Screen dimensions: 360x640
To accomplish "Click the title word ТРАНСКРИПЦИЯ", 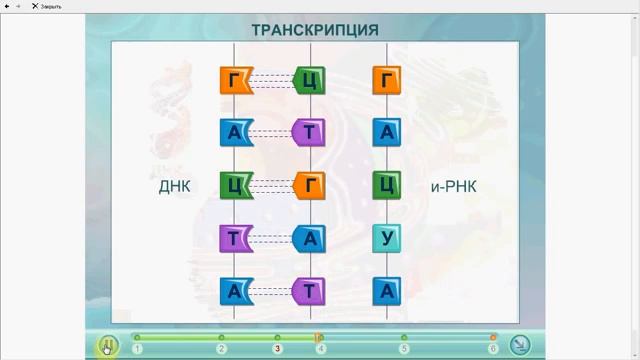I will (x=320, y=29).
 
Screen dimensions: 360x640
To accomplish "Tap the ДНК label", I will (x=174, y=186).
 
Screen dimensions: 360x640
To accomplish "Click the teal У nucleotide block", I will (x=387, y=238).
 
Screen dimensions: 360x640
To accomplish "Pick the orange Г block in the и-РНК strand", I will (x=387, y=80).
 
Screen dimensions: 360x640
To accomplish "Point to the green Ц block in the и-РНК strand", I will (x=387, y=185).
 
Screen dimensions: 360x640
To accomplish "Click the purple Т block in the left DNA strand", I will (x=234, y=238).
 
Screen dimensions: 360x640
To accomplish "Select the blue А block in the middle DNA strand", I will (x=310, y=238).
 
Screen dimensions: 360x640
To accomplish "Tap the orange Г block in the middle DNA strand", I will (x=310, y=185).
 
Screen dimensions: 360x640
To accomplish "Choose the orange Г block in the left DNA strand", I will (x=234, y=80).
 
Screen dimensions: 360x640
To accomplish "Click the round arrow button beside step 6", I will (x=520, y=345).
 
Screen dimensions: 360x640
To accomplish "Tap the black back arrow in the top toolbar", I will (x=8, y=6).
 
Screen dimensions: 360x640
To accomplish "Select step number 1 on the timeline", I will (x=137, y=349).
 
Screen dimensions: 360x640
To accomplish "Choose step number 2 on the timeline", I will (x=221, y=349).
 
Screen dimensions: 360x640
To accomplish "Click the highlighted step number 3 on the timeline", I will (x=277, y=349).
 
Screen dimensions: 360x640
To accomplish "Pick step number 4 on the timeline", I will (x=320, y=349).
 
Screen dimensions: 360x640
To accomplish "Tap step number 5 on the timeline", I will (x=404, y=349).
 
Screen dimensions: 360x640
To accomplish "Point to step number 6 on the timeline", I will (x=493, y=349).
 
